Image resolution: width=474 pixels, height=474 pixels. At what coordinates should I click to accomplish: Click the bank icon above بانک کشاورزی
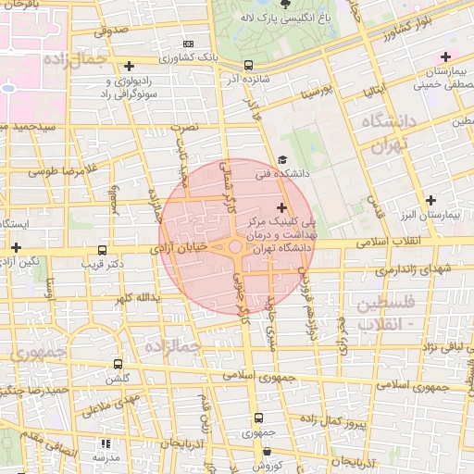click(x=189, y=44)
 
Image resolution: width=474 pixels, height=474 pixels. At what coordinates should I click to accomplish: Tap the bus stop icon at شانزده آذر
click(x=248, y=65)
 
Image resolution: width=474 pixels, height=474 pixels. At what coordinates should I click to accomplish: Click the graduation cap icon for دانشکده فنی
click(x=282, y=159)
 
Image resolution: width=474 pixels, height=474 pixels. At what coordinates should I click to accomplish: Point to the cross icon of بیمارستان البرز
click(x=430, y=200)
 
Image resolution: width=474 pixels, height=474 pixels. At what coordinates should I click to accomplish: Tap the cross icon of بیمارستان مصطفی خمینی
click(x=445, y=57)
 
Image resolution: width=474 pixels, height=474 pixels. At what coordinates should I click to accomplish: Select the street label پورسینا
click(x=311, y=94)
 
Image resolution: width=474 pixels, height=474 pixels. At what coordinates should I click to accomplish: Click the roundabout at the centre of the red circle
click(x=235, y=247)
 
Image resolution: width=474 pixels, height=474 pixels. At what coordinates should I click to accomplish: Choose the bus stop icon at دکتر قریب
click(x=102, y=250)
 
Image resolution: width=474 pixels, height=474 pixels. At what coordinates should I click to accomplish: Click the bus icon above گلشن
click(x=118, y=365)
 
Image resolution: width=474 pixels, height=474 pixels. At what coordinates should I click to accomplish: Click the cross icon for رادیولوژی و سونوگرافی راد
click(x=129, y=67)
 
